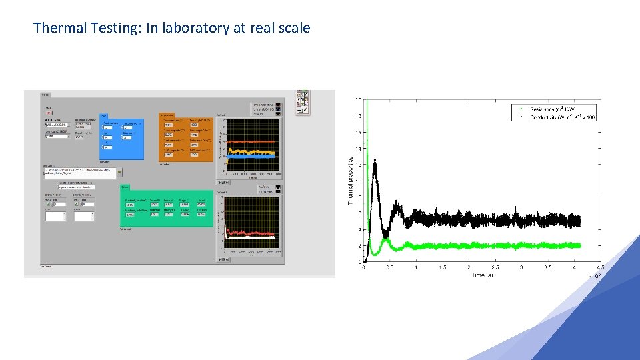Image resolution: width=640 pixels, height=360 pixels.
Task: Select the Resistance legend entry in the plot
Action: coord(553,109)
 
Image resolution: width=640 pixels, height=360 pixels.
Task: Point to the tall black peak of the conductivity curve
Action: coord(375,162)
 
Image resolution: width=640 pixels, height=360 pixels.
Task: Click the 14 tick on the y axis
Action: coord(358,148)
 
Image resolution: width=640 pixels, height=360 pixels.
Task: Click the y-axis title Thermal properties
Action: coord(351,181)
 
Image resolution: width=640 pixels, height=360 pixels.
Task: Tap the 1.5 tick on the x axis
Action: coord(442,268)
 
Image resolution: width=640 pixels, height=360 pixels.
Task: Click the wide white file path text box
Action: coord(78,172)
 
